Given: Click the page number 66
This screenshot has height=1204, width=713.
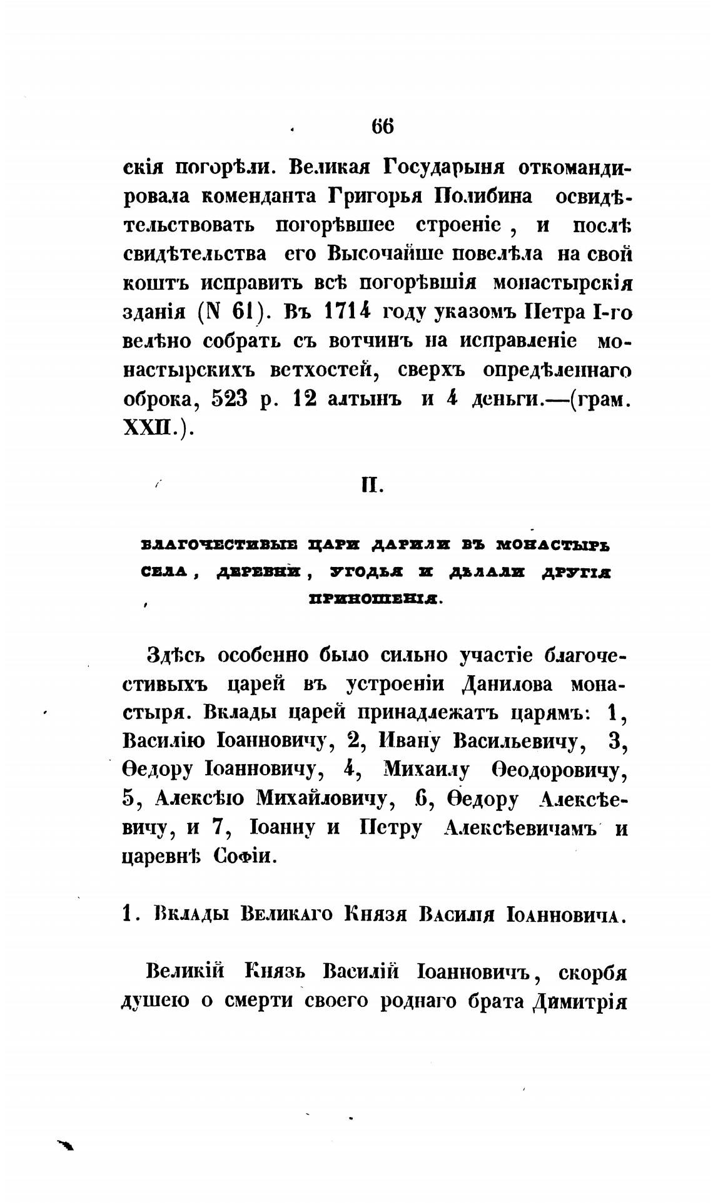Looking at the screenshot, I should (383, 126).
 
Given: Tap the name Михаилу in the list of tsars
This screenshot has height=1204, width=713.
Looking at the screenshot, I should (425, 770).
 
